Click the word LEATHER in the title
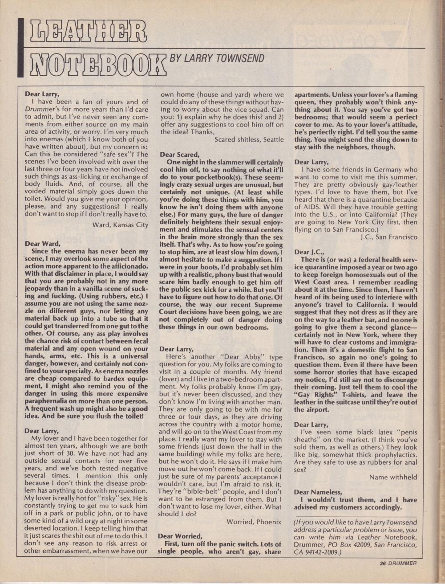[85, 31]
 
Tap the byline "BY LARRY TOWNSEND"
[217, 59]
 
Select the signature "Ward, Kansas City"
[120, 225]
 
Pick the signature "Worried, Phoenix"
[254, 521]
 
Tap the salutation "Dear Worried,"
[180, 536]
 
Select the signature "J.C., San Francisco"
[389, 237]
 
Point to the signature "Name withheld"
[393, 477]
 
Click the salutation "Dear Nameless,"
[318, 492]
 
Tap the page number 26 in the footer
[383, 563]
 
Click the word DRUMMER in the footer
[402, 563]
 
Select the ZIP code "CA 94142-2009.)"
[317, 552]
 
